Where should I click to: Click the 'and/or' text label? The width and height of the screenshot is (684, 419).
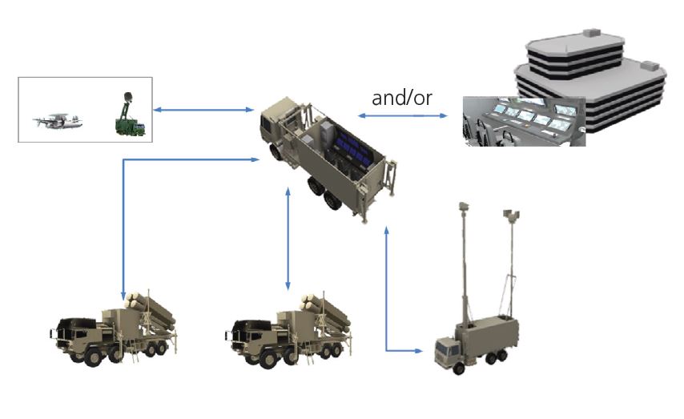[401, 98]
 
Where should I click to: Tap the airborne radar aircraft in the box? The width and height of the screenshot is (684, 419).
[56, 121]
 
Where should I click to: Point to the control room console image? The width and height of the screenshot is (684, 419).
[524, 122]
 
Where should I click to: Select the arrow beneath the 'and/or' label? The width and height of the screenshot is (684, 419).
[402, 116]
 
